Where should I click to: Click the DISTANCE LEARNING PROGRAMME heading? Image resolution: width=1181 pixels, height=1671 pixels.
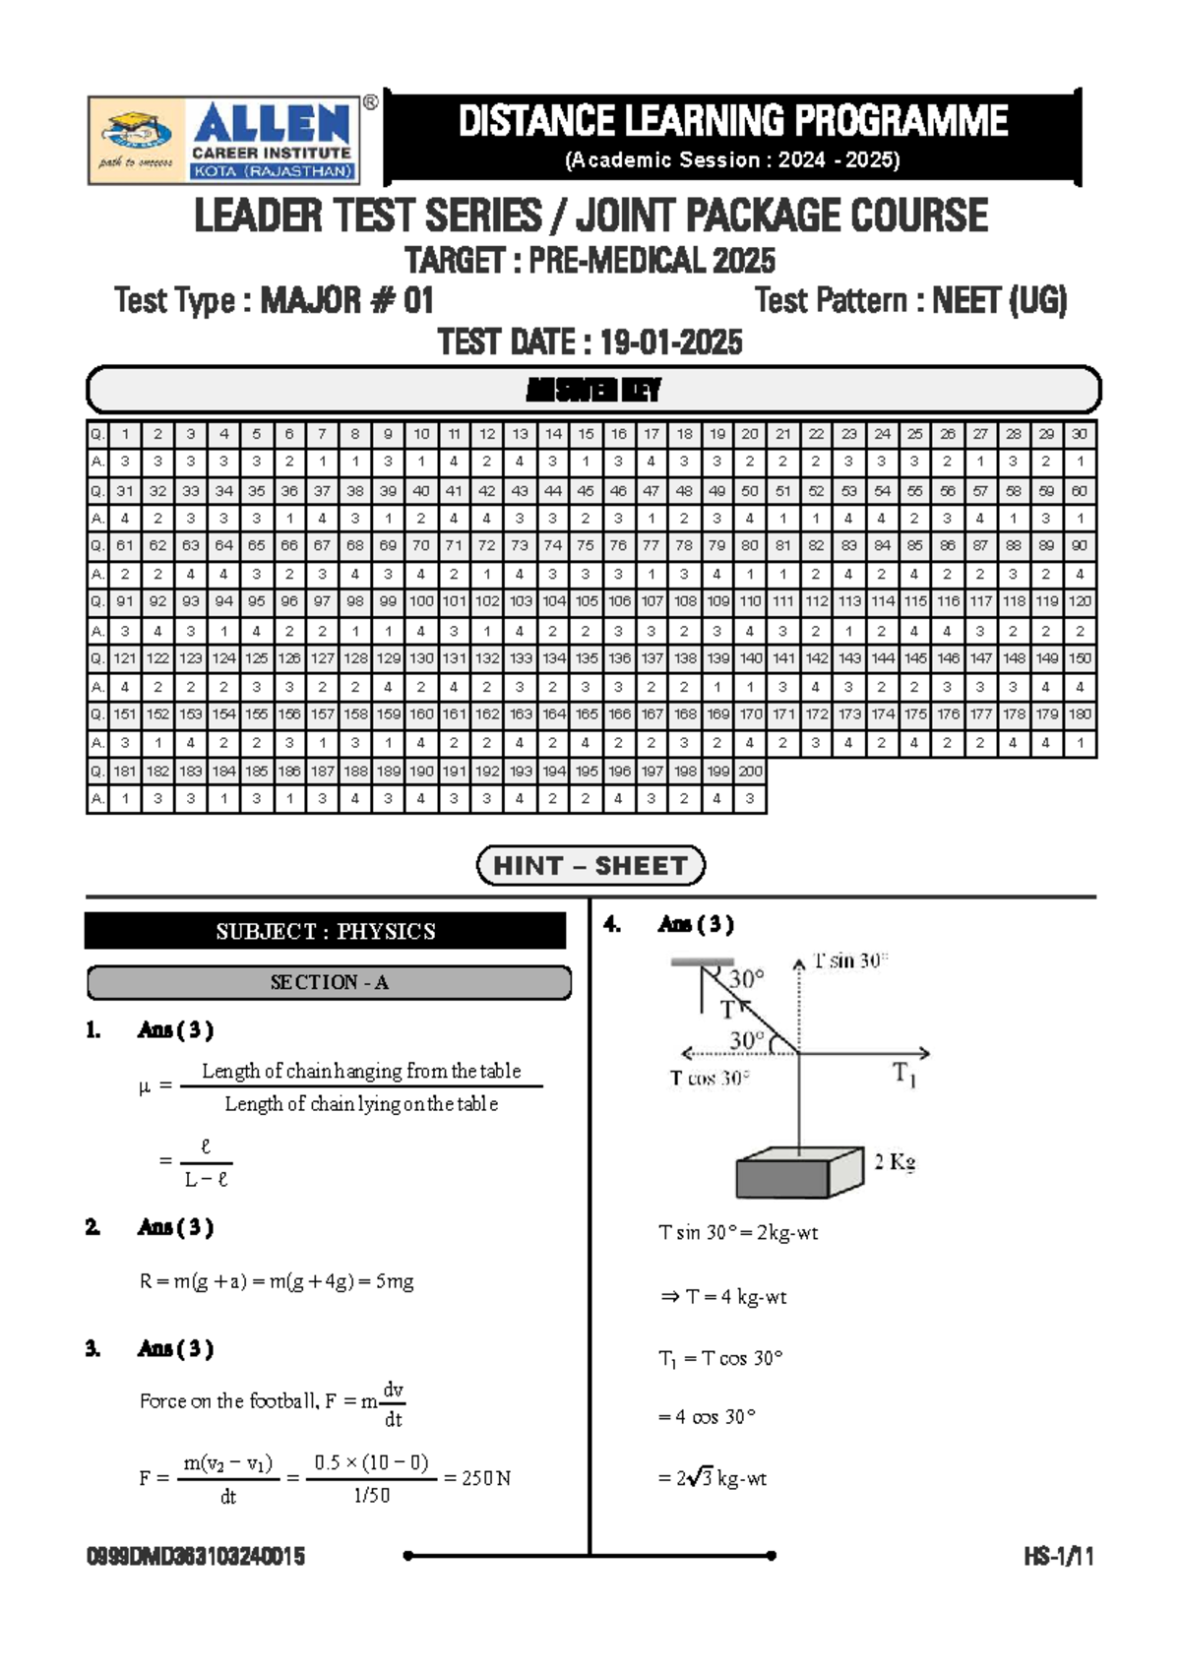(x=732, y=122)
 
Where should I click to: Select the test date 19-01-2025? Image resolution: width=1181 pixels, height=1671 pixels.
(x=670, y=342)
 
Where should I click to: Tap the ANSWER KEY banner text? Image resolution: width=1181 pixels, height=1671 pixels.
(x=593, y=391)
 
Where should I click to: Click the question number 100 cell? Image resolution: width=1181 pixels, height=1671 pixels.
(x=421, y=601)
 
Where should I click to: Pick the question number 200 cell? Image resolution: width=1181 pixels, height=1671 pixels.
(x=750, y=772)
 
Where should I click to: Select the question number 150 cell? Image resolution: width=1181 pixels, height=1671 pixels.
(x=1080, y=658)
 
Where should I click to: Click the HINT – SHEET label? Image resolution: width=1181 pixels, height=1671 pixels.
(x=590, y=866)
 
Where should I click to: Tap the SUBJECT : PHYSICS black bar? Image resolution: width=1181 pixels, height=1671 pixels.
(x=326, y=931)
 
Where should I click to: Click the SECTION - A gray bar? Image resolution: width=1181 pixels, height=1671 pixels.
(x=329, y=982)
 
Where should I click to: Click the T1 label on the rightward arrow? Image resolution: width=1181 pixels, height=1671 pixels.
(x=904, y=1074)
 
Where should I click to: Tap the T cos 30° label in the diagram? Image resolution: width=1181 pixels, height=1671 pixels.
(x=710, y=1079)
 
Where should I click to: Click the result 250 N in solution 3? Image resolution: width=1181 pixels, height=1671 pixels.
(x=486, y=1478)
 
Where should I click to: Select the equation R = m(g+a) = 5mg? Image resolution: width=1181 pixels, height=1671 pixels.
(x=277, y=1281)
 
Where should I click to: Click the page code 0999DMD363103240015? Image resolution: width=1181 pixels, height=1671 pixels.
(x=196, y=1556)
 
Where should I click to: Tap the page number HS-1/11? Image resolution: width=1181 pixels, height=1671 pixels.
(x=1058, y=1556)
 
